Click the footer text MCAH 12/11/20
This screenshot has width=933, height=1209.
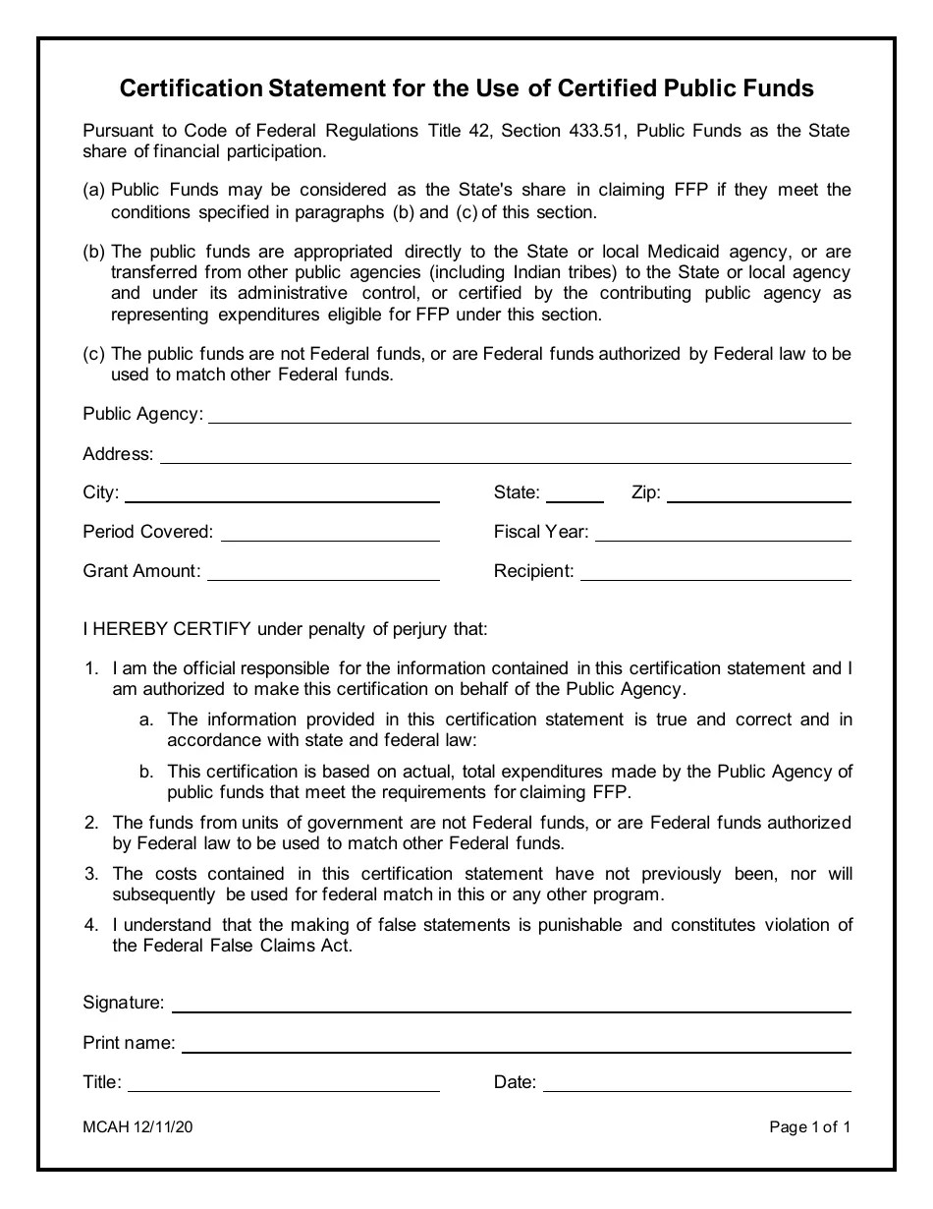(137, 1128)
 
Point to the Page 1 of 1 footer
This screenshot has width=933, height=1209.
(810, 1128)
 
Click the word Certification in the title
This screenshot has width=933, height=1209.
(190, 89)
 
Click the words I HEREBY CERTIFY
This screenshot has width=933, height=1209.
(167, 629)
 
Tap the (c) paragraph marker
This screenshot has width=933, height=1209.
(93, 354)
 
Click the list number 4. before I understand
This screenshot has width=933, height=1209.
(91, 925)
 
